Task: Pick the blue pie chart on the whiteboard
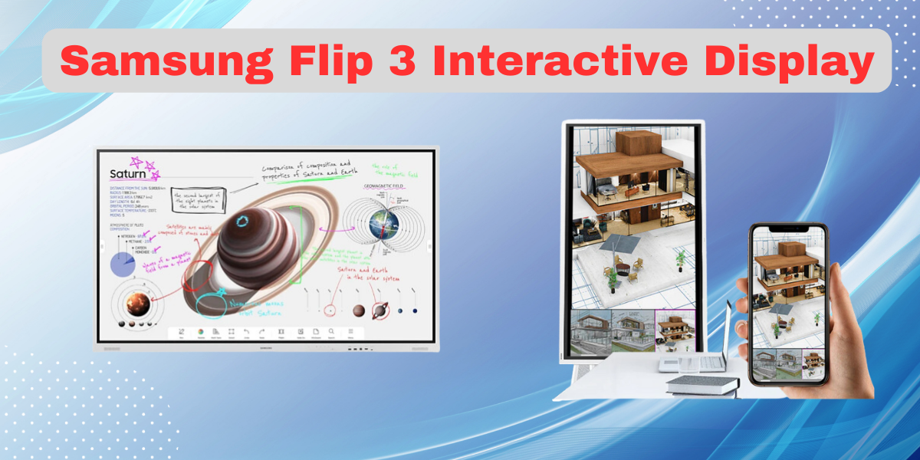click(x=123, y=264)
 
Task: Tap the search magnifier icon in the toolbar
click(x=331, y=332)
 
